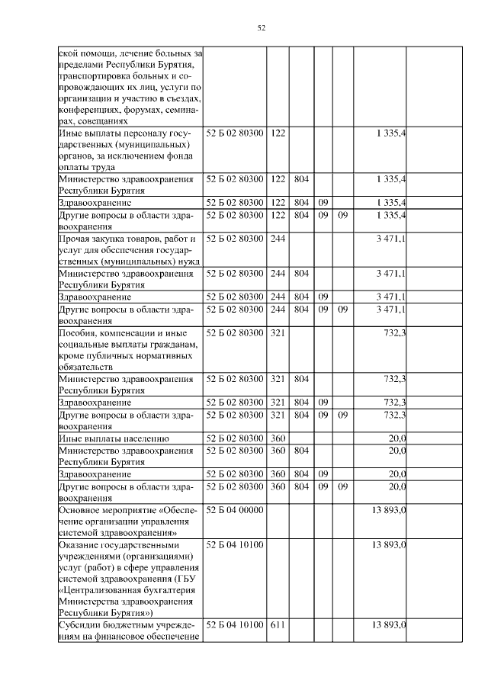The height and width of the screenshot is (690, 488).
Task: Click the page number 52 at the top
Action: (x=261, y=28)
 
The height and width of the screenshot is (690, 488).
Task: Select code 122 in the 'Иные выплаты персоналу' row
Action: (x=278, y=133)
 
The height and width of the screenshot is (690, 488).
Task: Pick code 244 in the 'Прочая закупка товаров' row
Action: (x=278, y=239)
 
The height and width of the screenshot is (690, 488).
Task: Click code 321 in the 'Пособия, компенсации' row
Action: (x=278, y=333)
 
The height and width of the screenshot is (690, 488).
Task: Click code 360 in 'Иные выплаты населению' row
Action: (x=278, y=438)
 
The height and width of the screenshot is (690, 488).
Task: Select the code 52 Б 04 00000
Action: (x=235, y=509)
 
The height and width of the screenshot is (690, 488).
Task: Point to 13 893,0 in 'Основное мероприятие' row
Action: (x=388, y=509)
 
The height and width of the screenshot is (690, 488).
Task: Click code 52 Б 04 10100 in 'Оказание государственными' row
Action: (x=235, y=545)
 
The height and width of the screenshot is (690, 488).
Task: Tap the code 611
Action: (x=277, y=624)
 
